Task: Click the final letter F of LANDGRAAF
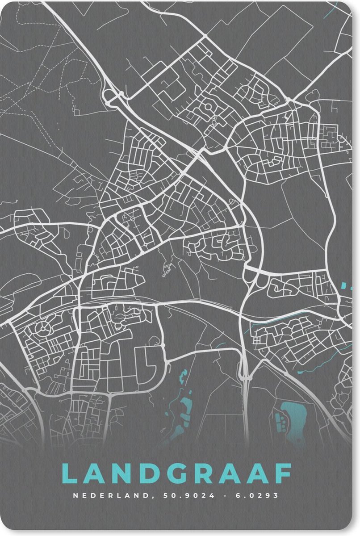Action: (x=284, y=473)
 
